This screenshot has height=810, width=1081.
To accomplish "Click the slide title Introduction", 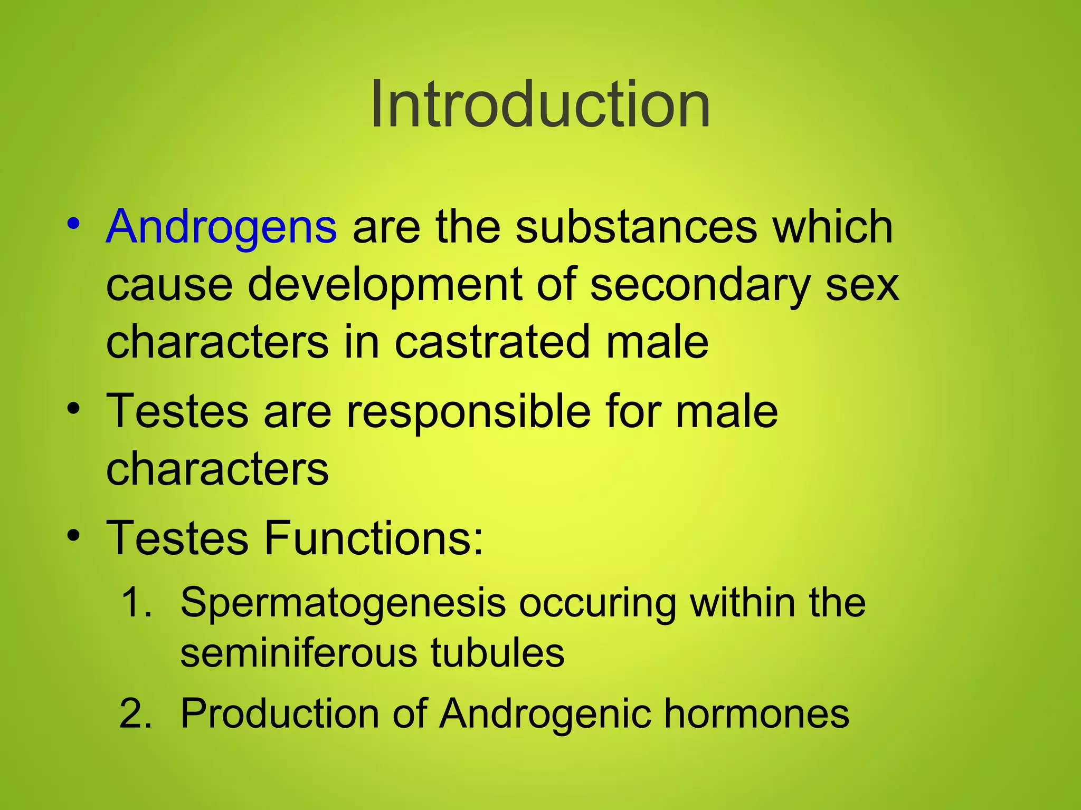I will pyautogui.click(x=540, y=104).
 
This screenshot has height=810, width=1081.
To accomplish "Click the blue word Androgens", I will pyautogui.click(x=221, y=227).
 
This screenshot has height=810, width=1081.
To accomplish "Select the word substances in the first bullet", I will pyautogui.click(x=636, y=227).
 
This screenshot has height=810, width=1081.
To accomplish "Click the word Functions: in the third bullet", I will pyautogui.click(x=374, y=538).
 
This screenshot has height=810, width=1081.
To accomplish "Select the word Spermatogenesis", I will pyautogui.click(x=343, y=603).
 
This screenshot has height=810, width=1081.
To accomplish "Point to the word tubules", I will pyautogui.click(x=497, y=653).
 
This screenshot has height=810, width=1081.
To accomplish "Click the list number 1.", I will pyautogui.click(x=137, y=603).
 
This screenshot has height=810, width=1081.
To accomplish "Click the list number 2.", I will pyautogui.click(x=136, y=713).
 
